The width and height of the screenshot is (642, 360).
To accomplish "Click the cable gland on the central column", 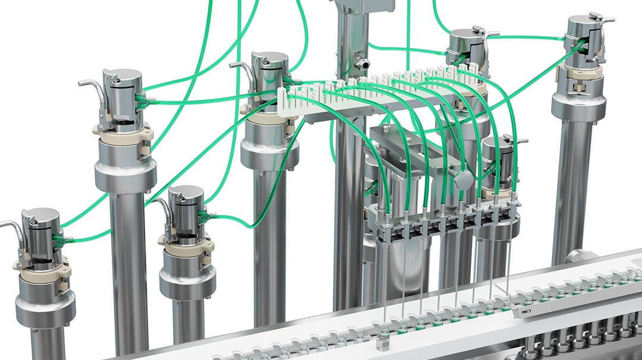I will click(361, 61).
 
